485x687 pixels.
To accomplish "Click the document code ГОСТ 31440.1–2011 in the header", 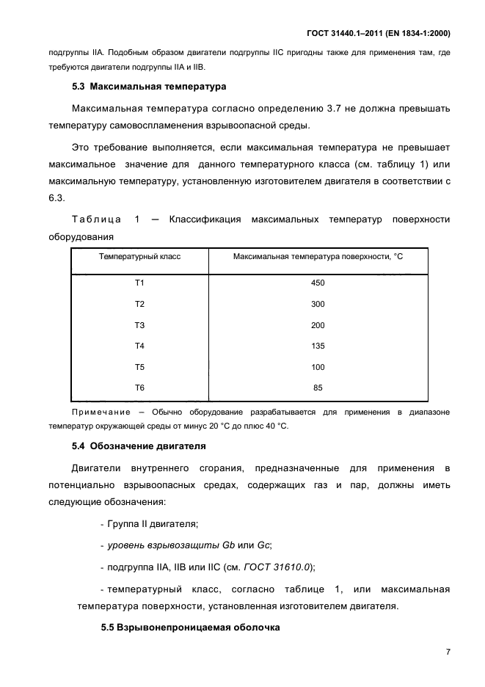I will pyautogui.click(x=343, y=34).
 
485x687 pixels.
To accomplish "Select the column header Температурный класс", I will pyautogui.click(x=140, y=256).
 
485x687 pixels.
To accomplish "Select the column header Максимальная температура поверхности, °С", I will pyautogui.click(x=318, y=256).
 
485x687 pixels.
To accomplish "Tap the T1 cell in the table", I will pyautogui.click(x=140, y=283).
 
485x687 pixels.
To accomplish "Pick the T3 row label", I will pyautogui.click(x=140, y=325).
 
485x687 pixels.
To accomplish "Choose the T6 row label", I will pyautogui.click(x=140, y=388).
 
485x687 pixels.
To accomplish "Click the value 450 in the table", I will pyautogui.click(x=318, y=283).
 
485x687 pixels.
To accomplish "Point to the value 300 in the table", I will pyautogui.click(x=318, y=305).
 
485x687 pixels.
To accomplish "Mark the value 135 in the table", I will pyautogui.click(x=318, y=346).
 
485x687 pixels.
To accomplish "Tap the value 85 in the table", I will pyautogui.click(x=318, y=388).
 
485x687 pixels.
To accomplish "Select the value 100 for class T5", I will pyautogui.click(x=318, y=367).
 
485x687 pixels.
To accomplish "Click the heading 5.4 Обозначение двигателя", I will pyautogui.click(x=139, y=446).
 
